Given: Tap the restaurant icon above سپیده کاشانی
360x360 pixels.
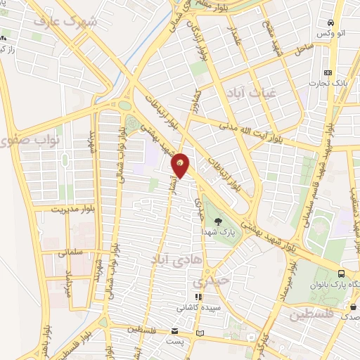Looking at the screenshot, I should coord(198,297).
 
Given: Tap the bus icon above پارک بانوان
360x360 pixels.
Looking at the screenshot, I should coord(341,274).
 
